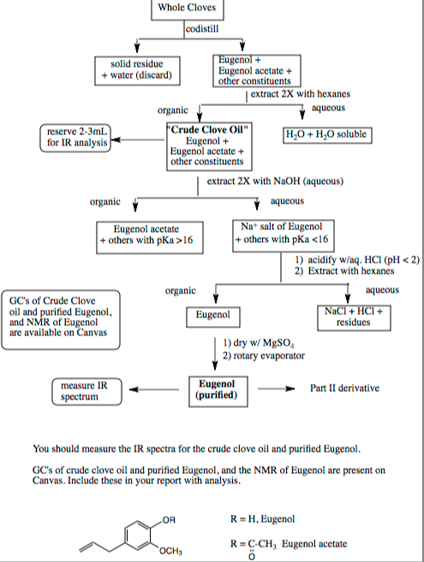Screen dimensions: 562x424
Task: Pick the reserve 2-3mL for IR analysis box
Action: pos(75,138)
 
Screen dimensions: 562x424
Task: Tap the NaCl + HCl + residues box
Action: pos(353,316)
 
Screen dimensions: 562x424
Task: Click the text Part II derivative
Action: pos(345,387)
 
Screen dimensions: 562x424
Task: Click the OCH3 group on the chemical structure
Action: pos(169,548)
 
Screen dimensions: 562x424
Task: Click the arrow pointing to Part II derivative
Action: pos(275,387)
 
